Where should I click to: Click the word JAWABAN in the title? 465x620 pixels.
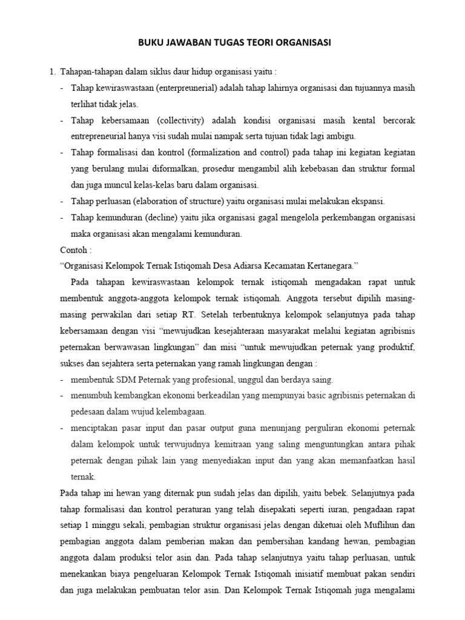(190, 43)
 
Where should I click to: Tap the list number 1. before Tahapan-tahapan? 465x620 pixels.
(52, 73)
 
